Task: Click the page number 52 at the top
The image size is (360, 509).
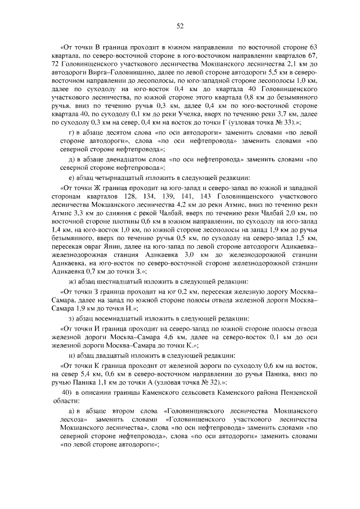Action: point(180,25)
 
